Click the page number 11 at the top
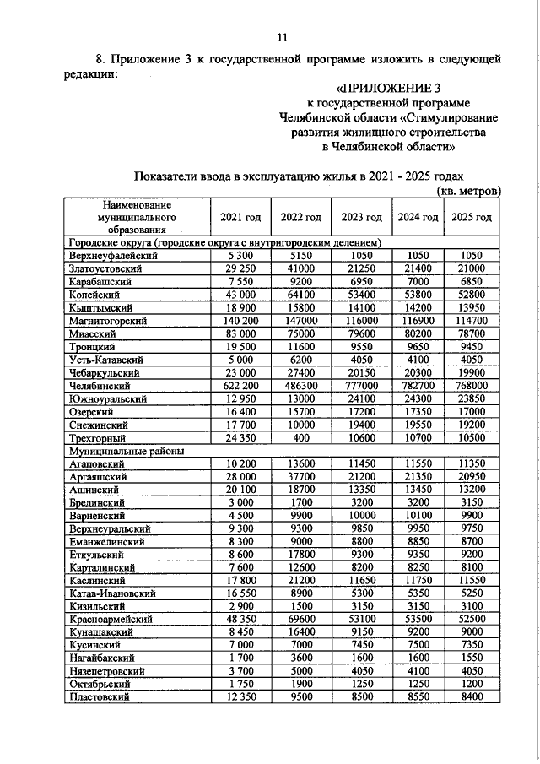(x=283, y=36)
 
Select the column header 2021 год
(x=240, y=217)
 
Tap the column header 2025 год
(x=472, y=217)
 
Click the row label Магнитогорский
(x=109, y=322)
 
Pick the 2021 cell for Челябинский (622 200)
(x=240, y=385)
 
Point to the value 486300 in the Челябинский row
(x=301, y=385)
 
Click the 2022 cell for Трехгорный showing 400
(x=301, y=438)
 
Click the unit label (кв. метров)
(x=470, y=192)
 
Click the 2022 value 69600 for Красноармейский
(x=301, y=619)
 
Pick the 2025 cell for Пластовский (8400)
(x=472, y=696)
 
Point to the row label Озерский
(x=95, y=411)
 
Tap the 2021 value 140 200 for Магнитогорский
(x=240, y=322)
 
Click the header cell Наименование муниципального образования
(x=132, y=217)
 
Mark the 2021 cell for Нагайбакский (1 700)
(x=240, y=658)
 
